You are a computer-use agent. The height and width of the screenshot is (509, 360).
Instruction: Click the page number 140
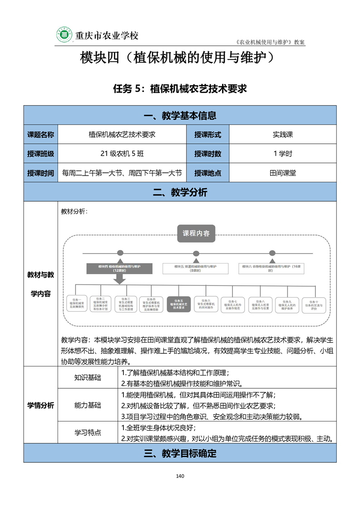pos(180,476)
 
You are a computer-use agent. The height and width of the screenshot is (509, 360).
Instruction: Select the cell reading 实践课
pos(282,134)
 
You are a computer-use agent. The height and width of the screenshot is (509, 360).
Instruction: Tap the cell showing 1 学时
pos(282,153)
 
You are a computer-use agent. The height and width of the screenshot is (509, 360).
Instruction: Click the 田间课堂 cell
pos(282,173)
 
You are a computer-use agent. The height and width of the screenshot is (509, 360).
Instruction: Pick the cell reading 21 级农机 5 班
pos(122,153)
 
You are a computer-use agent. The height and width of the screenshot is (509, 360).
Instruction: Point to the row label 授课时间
pos(41,173)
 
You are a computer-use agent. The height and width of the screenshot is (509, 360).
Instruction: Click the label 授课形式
pos(207,134)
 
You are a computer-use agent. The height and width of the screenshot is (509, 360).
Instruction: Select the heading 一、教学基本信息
pos(180,115)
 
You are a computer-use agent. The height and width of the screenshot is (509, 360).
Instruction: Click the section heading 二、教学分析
pos(180,192)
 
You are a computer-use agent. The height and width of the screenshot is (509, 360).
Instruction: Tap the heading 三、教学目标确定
pos(180,453)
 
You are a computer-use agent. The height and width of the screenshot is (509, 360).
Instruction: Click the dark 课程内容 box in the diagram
pos(196,234)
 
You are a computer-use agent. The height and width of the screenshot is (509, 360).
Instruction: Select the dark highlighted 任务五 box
pos(178,303)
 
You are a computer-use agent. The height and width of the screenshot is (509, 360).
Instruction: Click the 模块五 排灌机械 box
pos(196,268)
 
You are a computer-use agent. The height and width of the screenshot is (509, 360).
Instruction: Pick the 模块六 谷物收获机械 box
pos(272,268)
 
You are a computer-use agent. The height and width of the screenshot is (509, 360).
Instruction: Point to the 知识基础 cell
pos(88,377)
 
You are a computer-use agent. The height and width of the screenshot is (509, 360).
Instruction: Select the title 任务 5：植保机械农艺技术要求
pos(180,89)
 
